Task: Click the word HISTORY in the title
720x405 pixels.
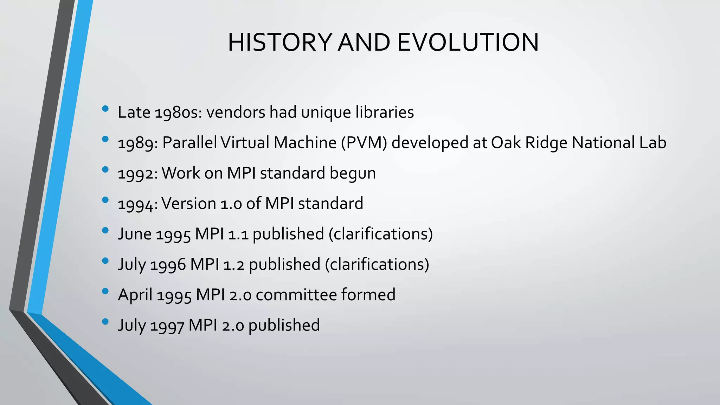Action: pos(279,43)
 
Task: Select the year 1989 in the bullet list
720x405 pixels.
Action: pos(137,143)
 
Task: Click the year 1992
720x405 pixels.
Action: pos(137,174)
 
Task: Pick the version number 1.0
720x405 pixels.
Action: pos(231,204)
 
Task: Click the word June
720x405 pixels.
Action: pos(135,234)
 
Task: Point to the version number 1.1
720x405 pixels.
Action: pos(238,234)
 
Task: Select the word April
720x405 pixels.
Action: pos(135,295)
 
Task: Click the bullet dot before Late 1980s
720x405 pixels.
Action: pos(105,109)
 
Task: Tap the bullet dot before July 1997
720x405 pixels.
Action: pos(105,322)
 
